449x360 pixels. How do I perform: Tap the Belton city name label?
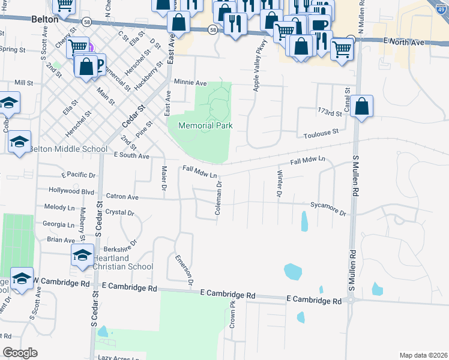pos(45,19)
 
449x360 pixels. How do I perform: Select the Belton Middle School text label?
pos(67,149)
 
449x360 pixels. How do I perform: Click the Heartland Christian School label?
pos(122,262)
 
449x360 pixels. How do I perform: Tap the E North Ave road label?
pos(407,42)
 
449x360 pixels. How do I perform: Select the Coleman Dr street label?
pos(220,199)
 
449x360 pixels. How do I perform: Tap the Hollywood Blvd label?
pos(73,191)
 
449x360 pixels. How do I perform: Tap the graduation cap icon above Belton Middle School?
pos(20,142)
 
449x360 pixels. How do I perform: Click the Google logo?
pos(20,353)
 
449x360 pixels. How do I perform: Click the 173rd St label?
pos(330,112)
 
